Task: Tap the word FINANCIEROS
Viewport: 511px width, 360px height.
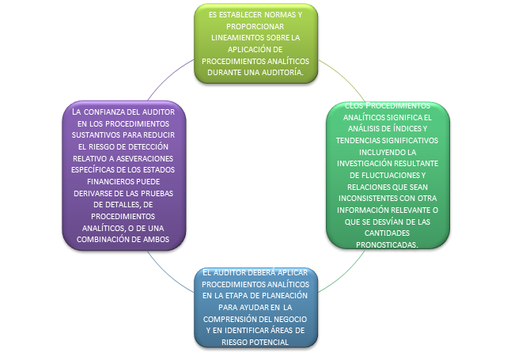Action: (x=94, y=180)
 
